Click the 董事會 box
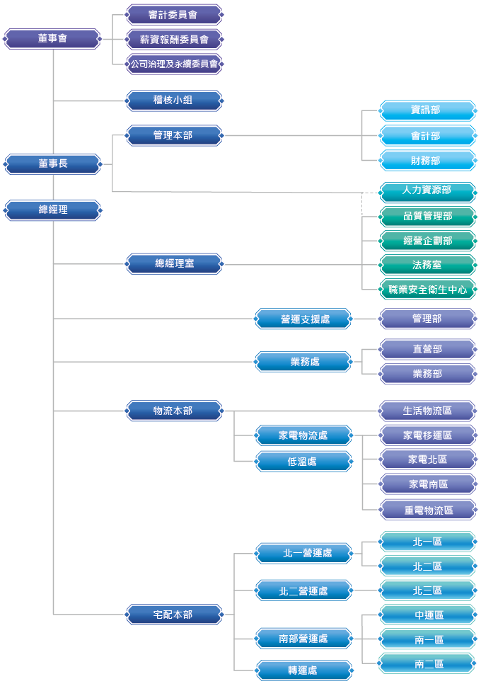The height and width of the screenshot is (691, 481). tap(52, 39)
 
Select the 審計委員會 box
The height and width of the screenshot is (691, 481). tap(174, 15)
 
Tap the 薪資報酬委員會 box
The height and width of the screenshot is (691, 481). tap(174, 39)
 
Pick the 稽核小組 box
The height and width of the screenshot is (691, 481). tap(174, 101)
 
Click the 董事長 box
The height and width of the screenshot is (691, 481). tap(52, 164)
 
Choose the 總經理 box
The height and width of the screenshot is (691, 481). tap(52, 210)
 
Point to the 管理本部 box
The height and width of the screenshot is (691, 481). tap(174, 135)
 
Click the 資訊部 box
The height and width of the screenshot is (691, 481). tap(428, 110)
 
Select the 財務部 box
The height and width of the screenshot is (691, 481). tap(428, 161)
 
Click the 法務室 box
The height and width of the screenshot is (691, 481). tap(428, 265)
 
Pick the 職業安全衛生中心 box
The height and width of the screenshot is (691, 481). tap(428, 290)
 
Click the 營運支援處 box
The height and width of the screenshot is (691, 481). tap(303, 319)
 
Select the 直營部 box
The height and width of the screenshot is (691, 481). tap(428, 349)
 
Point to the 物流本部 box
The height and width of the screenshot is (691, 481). tap(174, 411)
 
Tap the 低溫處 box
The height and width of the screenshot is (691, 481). tap(303, 462)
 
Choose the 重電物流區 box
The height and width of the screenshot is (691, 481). tap(428, 510)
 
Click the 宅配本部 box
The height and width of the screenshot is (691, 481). tap(174, 615)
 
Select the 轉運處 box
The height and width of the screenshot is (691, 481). tap(303, 670)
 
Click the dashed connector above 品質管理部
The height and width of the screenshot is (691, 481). tap(362, 204)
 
